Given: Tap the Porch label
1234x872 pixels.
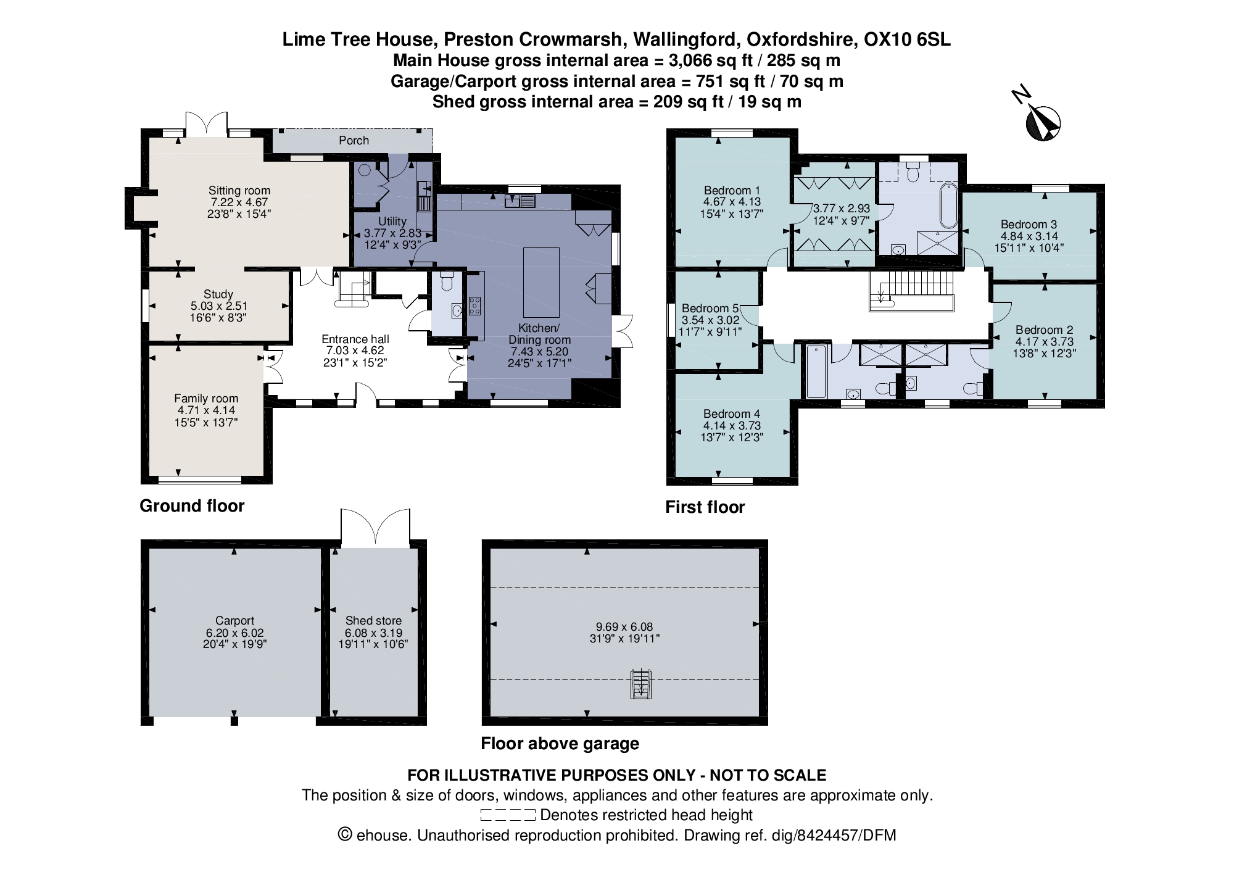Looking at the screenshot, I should click(354, 141).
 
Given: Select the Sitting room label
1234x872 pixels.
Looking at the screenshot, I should click(239, 191).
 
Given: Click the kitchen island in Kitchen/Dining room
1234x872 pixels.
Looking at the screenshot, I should click(541, 282).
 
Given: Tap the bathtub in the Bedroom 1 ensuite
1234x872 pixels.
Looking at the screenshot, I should click(948, 206).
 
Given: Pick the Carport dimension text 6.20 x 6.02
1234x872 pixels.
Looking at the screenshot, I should click(234, 633).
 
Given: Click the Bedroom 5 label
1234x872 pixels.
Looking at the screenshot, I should click(710, 308).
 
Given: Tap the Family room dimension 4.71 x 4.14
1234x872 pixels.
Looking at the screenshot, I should click(206, 410).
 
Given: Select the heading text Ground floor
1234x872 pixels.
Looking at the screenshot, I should click(192, 506).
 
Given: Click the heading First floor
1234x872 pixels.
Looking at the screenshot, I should click(705, 507).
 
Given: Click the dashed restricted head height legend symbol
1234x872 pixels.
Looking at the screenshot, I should click(507, 815).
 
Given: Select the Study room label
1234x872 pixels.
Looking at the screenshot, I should click(218, 294).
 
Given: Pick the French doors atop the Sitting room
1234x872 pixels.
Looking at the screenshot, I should click(207, 123).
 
